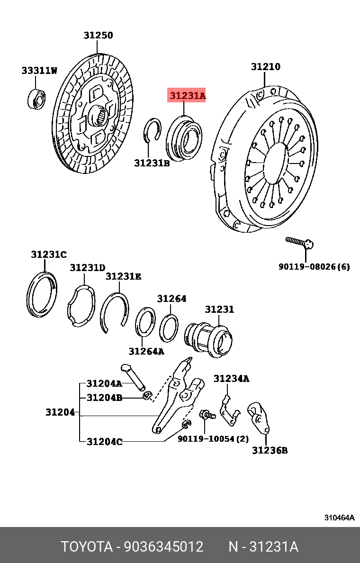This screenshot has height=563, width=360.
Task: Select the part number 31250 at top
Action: click(99, 36)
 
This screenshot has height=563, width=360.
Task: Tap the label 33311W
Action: click(39, 71)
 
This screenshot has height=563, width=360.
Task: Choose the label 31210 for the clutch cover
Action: click(265, 67)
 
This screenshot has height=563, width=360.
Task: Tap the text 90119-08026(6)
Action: click(314, 267)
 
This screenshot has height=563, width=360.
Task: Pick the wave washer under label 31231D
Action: click(81, 307)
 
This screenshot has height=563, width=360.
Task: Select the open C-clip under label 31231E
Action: click(116, 313)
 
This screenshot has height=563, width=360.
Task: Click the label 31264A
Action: click(146, 351)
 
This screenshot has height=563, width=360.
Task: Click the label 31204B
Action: click(104, 398)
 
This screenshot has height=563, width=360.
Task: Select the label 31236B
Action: click(270, 450)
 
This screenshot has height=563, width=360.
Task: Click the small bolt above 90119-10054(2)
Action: click(207, 415)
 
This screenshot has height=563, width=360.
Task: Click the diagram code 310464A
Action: click(339, 518)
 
